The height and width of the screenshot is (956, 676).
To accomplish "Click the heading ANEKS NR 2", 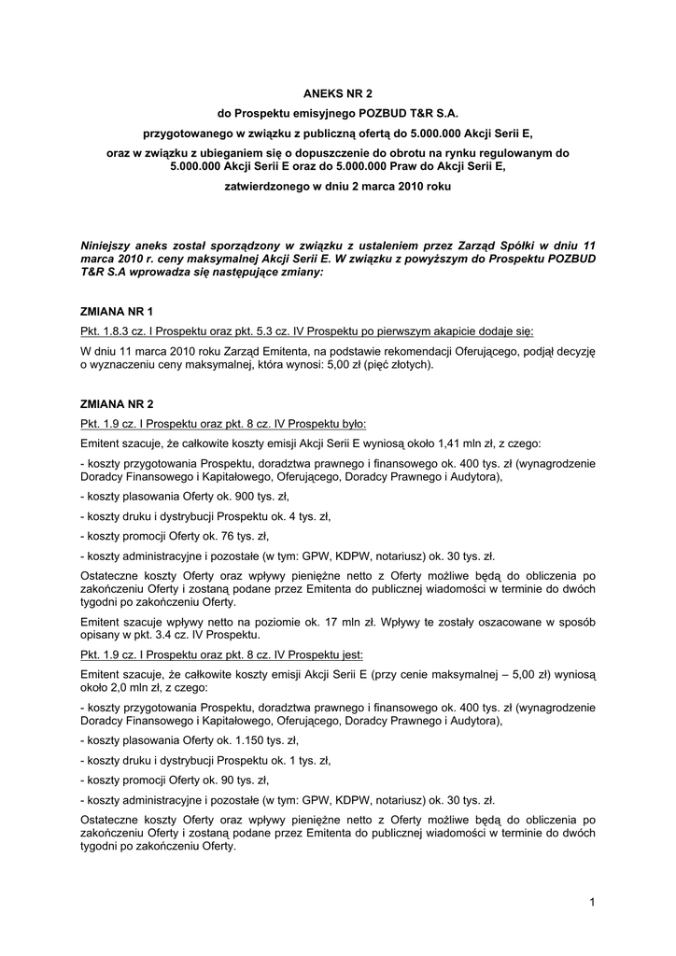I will coord(338,93).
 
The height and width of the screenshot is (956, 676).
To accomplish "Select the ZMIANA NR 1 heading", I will coord(118,311).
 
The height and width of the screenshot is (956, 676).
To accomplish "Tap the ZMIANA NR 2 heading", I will coord(118,403).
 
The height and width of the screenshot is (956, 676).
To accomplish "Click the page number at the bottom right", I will coord(592,901).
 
